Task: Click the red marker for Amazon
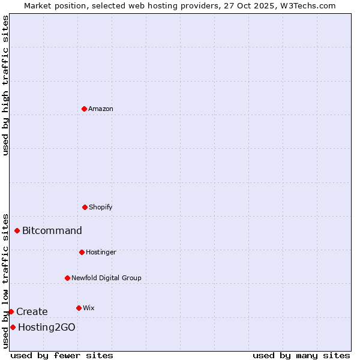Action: pyautogui.click(x=85, y=109)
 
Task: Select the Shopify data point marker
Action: pyautogui.click(x=85, y=207)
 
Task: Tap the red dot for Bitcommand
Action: pyautogui.click(x=17, y=230)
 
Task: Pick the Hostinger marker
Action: pyautogui.click(x=82, y=252)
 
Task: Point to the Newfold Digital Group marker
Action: pyautogui.click(x=67, y=278)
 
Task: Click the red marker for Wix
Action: pyautogui.click(x=79, y=308)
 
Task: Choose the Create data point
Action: pyautogui.click(x=11, y=311)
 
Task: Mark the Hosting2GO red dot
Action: pyautogui.click(x=13, y=327)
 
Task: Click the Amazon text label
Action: pyautogui.click(x=101, y=109)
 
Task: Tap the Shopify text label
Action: pyautogui.click(x=101, y=207)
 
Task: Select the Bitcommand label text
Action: pyautogui.click(x=52, y=230)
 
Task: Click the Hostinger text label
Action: pyautogui.click(x=101, y=252)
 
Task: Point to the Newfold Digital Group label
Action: pyautogui.click(x=106, y=278)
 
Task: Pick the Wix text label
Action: pyautogui.click(x=89, y=308)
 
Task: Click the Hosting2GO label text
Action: pyautogui.click(x=47, y=327)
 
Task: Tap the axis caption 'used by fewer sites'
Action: pyautogui.click(x=62, y=355)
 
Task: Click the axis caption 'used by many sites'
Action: pyautogui.click(x=301, y=355)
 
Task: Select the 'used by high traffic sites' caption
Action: pyautogui.click(x=5, y=85)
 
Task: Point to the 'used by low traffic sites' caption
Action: pyautogui.click(x=5, y=281)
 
